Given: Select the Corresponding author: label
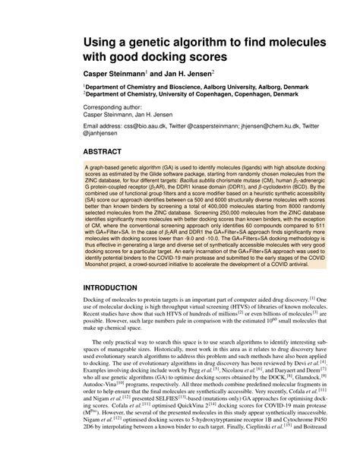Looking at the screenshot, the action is [116, 109].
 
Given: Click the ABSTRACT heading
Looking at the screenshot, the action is [106, 152].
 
